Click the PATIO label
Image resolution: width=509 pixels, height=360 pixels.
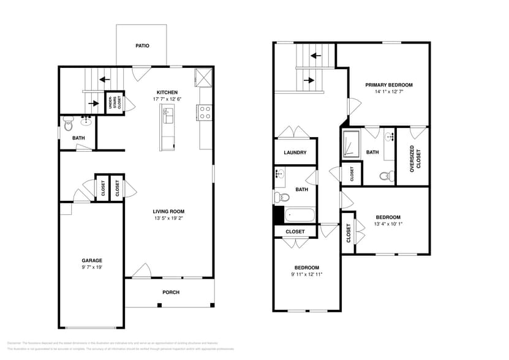click(142, 46)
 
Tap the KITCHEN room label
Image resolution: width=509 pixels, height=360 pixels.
click(167, 92)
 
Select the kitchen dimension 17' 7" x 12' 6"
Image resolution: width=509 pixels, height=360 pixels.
click(167, 99)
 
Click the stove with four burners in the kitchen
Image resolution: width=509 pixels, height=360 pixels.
click(205, 112)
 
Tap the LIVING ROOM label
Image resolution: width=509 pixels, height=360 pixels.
click(168, 212)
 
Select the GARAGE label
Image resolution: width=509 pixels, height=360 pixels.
click(92, 260)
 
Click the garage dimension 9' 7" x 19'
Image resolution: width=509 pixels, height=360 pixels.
click(92, 267)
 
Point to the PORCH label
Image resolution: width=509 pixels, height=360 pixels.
click(171, 292)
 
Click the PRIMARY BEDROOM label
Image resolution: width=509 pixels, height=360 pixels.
click(388, 85)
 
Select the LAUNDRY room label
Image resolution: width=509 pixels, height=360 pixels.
click(295, 152)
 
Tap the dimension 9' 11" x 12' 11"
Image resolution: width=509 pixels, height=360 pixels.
click(306, 274)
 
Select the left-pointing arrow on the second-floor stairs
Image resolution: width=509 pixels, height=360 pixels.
click(316, 56)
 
